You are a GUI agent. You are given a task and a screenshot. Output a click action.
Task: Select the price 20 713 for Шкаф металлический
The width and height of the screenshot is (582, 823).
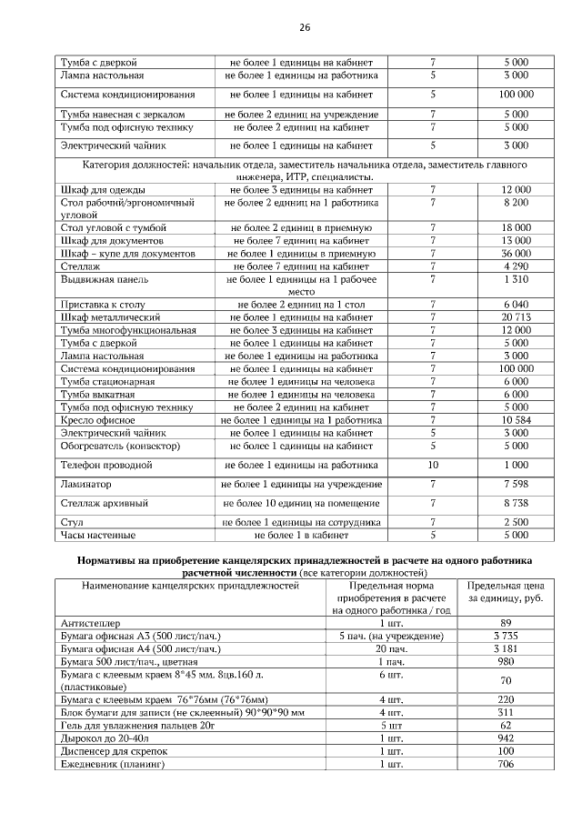click(516, 317)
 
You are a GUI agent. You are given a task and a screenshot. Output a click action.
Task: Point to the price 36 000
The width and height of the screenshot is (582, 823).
click(516, 253)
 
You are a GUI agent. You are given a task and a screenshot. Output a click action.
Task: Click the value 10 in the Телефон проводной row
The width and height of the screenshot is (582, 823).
click(433, 465)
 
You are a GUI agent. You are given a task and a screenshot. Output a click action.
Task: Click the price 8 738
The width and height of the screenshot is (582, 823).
click(516, 503)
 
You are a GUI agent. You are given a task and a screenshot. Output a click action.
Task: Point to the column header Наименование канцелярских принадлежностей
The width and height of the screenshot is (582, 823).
click(190, 587)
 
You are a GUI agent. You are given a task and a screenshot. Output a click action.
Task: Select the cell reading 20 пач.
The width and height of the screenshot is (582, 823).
click(390, 648)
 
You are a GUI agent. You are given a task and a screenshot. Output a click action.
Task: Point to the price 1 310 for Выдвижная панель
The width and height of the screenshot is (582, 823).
click(516, 279)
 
